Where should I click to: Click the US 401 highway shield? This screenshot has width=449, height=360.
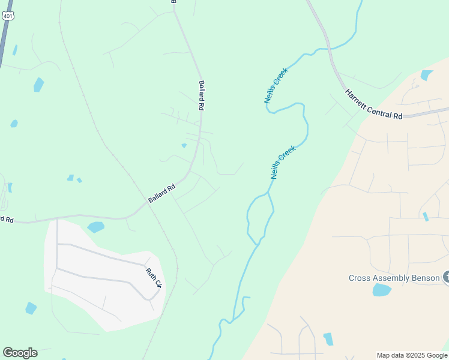click(x=7, y=16)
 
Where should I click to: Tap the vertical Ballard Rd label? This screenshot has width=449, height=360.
click(x=202, y=95)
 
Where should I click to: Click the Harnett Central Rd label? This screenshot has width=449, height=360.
click(x=373, y=104)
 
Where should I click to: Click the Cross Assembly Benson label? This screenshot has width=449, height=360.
click(x=394, y=278)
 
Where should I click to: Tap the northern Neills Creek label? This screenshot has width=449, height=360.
click(x=276, y=85)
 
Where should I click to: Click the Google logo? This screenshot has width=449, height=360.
click(x=20, y=353)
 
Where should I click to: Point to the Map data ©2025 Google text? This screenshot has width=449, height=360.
click(x=411, y=355)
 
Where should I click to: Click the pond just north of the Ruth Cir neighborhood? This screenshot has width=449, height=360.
click(x=95, y=227)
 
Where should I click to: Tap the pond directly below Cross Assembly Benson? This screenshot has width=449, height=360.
click(x=382, y=290)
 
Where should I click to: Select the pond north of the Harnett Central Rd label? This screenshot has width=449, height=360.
click(x=427, y=75)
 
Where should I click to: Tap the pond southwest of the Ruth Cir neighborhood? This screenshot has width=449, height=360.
click(x=31, y=308)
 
